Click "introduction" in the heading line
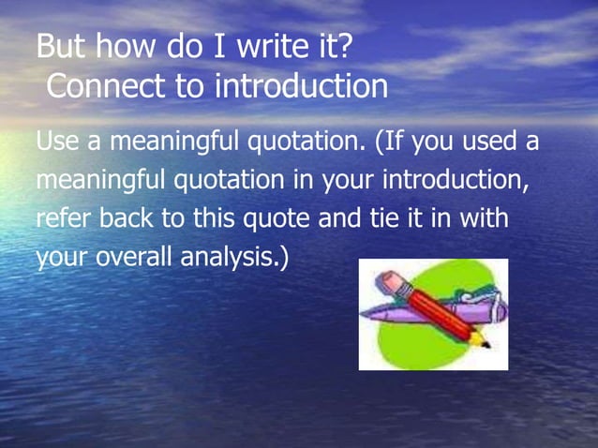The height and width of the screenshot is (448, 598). [x=301, y=87]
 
